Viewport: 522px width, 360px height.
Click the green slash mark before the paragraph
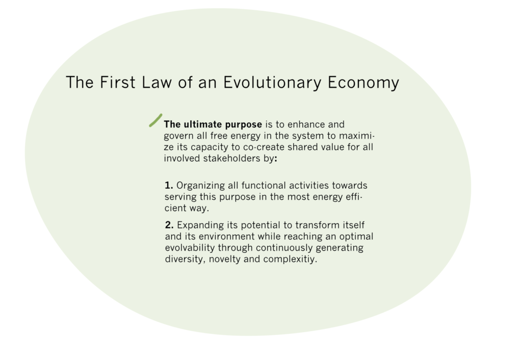(x=155, y=120)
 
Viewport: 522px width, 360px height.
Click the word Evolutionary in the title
(x=272, y=83)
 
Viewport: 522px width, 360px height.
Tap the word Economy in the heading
(x=363, y=83)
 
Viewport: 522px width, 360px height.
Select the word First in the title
(x=118, y=82)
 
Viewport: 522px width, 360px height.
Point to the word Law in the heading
(x=156, y=82)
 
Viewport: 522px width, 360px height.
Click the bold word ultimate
(x=203, y=124)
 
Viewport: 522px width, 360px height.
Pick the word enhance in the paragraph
(x=306, y=124)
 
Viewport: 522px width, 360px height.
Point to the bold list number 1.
(x=169, y=186)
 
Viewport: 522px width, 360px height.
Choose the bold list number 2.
(x=169, y=225)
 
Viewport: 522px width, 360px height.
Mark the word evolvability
(x=190, y=248)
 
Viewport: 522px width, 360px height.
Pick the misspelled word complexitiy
(x=290, y=260)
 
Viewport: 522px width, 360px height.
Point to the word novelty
(x=225, y=260)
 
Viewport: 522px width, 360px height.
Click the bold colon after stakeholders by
(x=276, y=159)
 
